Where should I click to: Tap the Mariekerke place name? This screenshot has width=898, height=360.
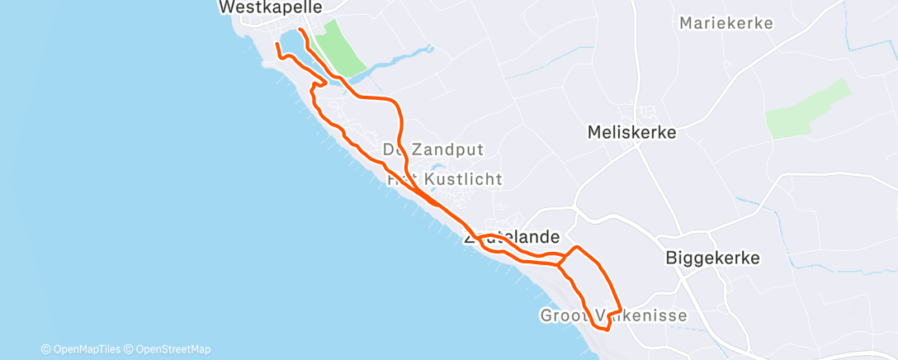click(726, 23)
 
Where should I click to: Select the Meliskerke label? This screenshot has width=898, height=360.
click(631, 132)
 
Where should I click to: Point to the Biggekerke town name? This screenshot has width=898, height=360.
click(712, 258)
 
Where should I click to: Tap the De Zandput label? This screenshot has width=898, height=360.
click(432, 149)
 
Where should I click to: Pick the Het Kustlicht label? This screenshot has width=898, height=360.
click(444, 179)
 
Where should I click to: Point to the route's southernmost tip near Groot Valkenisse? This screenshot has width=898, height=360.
click(607, 329)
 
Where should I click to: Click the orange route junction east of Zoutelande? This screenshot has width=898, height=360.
click(560, 264)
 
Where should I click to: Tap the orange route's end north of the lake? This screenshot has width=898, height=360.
click(300, 30)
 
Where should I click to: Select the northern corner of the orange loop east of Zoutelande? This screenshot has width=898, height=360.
click(577, 247)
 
